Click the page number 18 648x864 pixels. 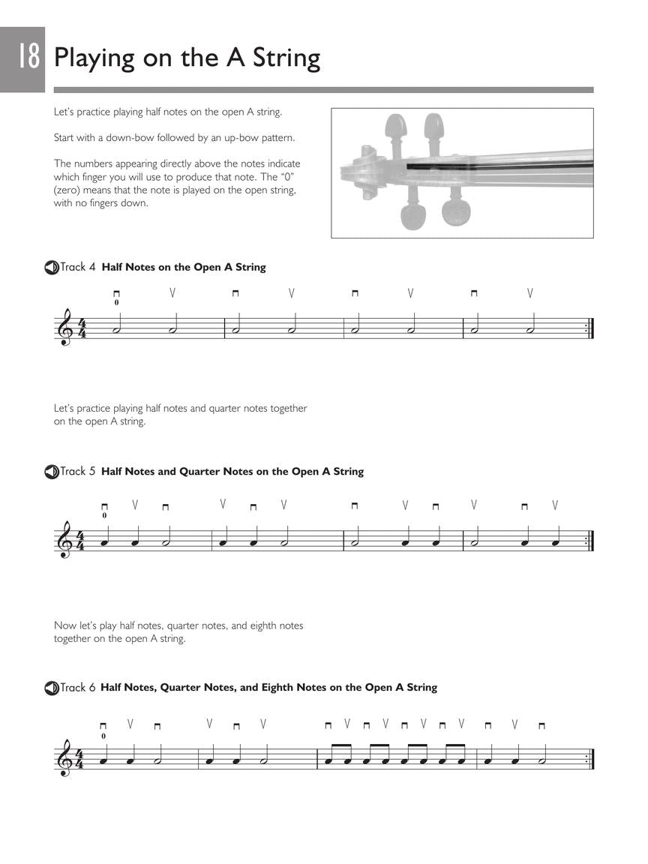pyautogui.click(x=27, y=57)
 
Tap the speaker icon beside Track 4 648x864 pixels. pyautogui.click(x=51, y=267)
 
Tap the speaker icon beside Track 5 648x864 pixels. pyautogui.click(x=51, y=472)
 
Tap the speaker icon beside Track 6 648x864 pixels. pyautogui.click(x=51, y=688)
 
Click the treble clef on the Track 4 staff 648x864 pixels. pyautogui.click(x=66, y=328)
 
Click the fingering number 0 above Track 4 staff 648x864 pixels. pyautogui.click(x=116, y=303)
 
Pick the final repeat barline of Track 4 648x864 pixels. pyautogui.click(x=589, y=328)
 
